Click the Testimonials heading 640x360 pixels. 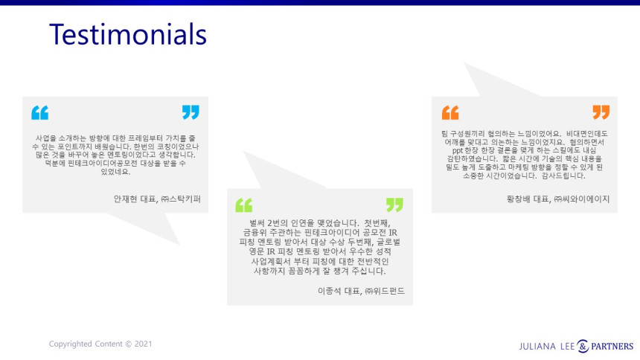tap(128, 34)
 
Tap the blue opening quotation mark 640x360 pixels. tap(40, 112)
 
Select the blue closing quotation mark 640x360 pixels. tap(191, 112)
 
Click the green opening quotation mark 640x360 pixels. tap(244, 205)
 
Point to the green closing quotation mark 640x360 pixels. tap(394, 205)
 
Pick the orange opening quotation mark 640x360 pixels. tap(450, 112)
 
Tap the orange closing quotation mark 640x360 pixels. tap(601, 112)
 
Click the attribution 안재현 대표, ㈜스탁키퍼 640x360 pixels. tap(157, 199)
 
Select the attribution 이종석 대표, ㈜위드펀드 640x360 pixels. tap(361, 291)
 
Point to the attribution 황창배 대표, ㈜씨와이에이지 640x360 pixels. tap(558, 199)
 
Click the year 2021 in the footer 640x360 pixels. tap(144, 344)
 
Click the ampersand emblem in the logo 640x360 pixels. tap(583, 346)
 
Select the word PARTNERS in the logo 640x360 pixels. tap(612, 347)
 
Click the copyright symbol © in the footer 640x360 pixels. tap(129, 344)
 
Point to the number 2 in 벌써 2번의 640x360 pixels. tap(270, 223)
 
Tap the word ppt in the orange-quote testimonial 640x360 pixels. tap(458, 150)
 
